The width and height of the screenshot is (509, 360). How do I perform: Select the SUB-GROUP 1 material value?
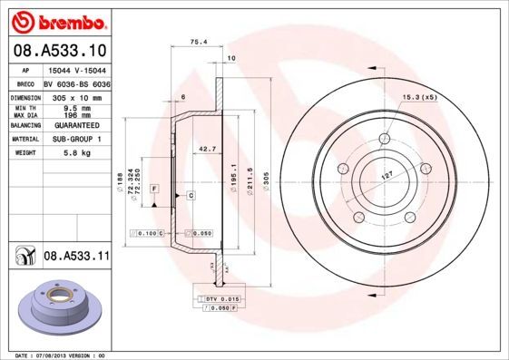click(x=76, y=140)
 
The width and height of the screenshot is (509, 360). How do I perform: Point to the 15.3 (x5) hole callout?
click(x=418, y=96)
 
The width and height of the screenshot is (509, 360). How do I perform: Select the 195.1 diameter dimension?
click(x=234, y=172)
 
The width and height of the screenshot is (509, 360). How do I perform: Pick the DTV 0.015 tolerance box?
click(x=221, y=298)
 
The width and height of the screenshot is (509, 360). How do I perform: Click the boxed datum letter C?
click(x=191, y=196)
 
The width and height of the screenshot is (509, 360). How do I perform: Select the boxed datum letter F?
click(x=155, y=187)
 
